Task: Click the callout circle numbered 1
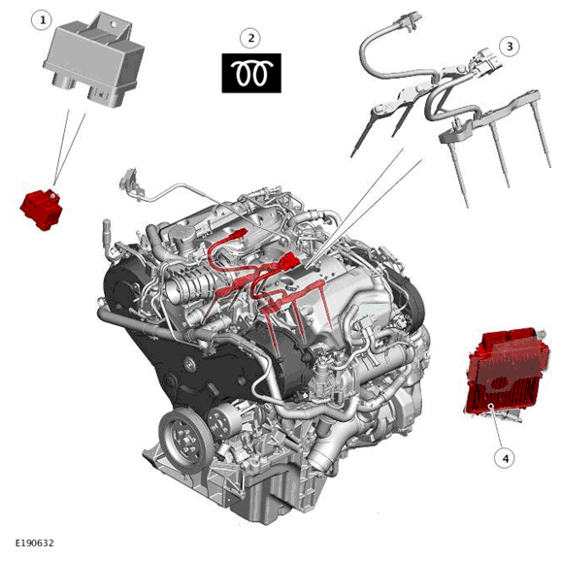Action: point(43,20)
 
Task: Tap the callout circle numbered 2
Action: point(250,38)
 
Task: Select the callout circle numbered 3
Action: point(510,47)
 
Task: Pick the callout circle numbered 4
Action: point(506,458)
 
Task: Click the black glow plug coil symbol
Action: point(251,73)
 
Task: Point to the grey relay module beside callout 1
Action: point(93,59)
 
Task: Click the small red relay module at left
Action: point(42,211)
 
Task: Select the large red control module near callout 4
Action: point(508,373)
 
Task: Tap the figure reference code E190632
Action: point(34,544)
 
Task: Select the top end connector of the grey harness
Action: point(408,20)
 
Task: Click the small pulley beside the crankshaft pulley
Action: point(220,417)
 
